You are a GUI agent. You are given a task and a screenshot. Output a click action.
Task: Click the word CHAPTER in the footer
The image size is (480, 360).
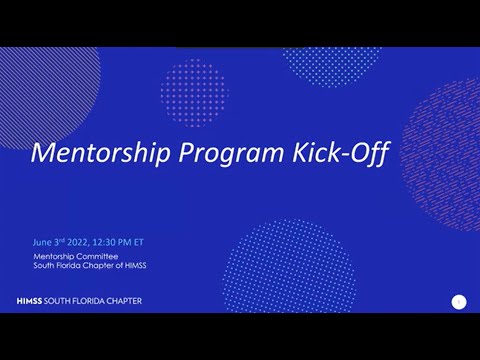point(121,301)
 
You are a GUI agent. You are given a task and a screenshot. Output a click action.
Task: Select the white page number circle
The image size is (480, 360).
point(459,301)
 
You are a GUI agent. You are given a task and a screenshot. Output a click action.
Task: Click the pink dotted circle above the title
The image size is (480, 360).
point(194,92)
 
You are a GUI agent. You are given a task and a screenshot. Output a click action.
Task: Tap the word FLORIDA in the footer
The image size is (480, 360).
point(83,301)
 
